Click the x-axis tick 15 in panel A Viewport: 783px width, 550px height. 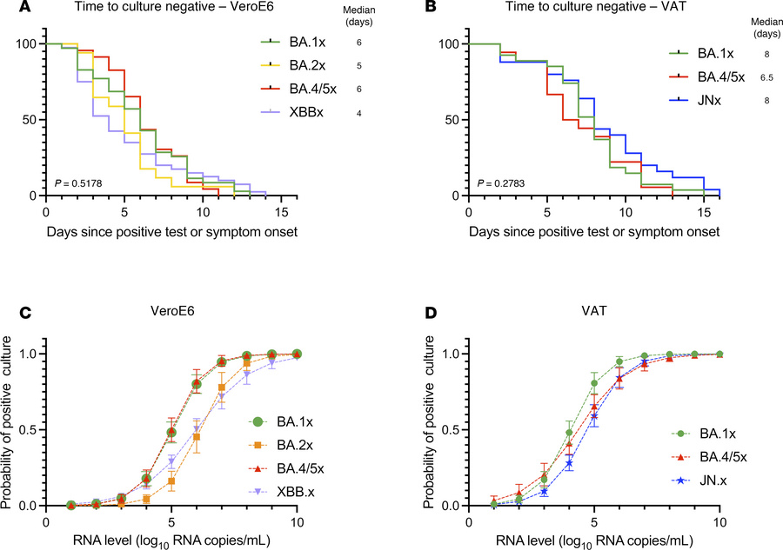[x=282, y=210]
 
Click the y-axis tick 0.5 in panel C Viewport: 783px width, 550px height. [x=23, y=429]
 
